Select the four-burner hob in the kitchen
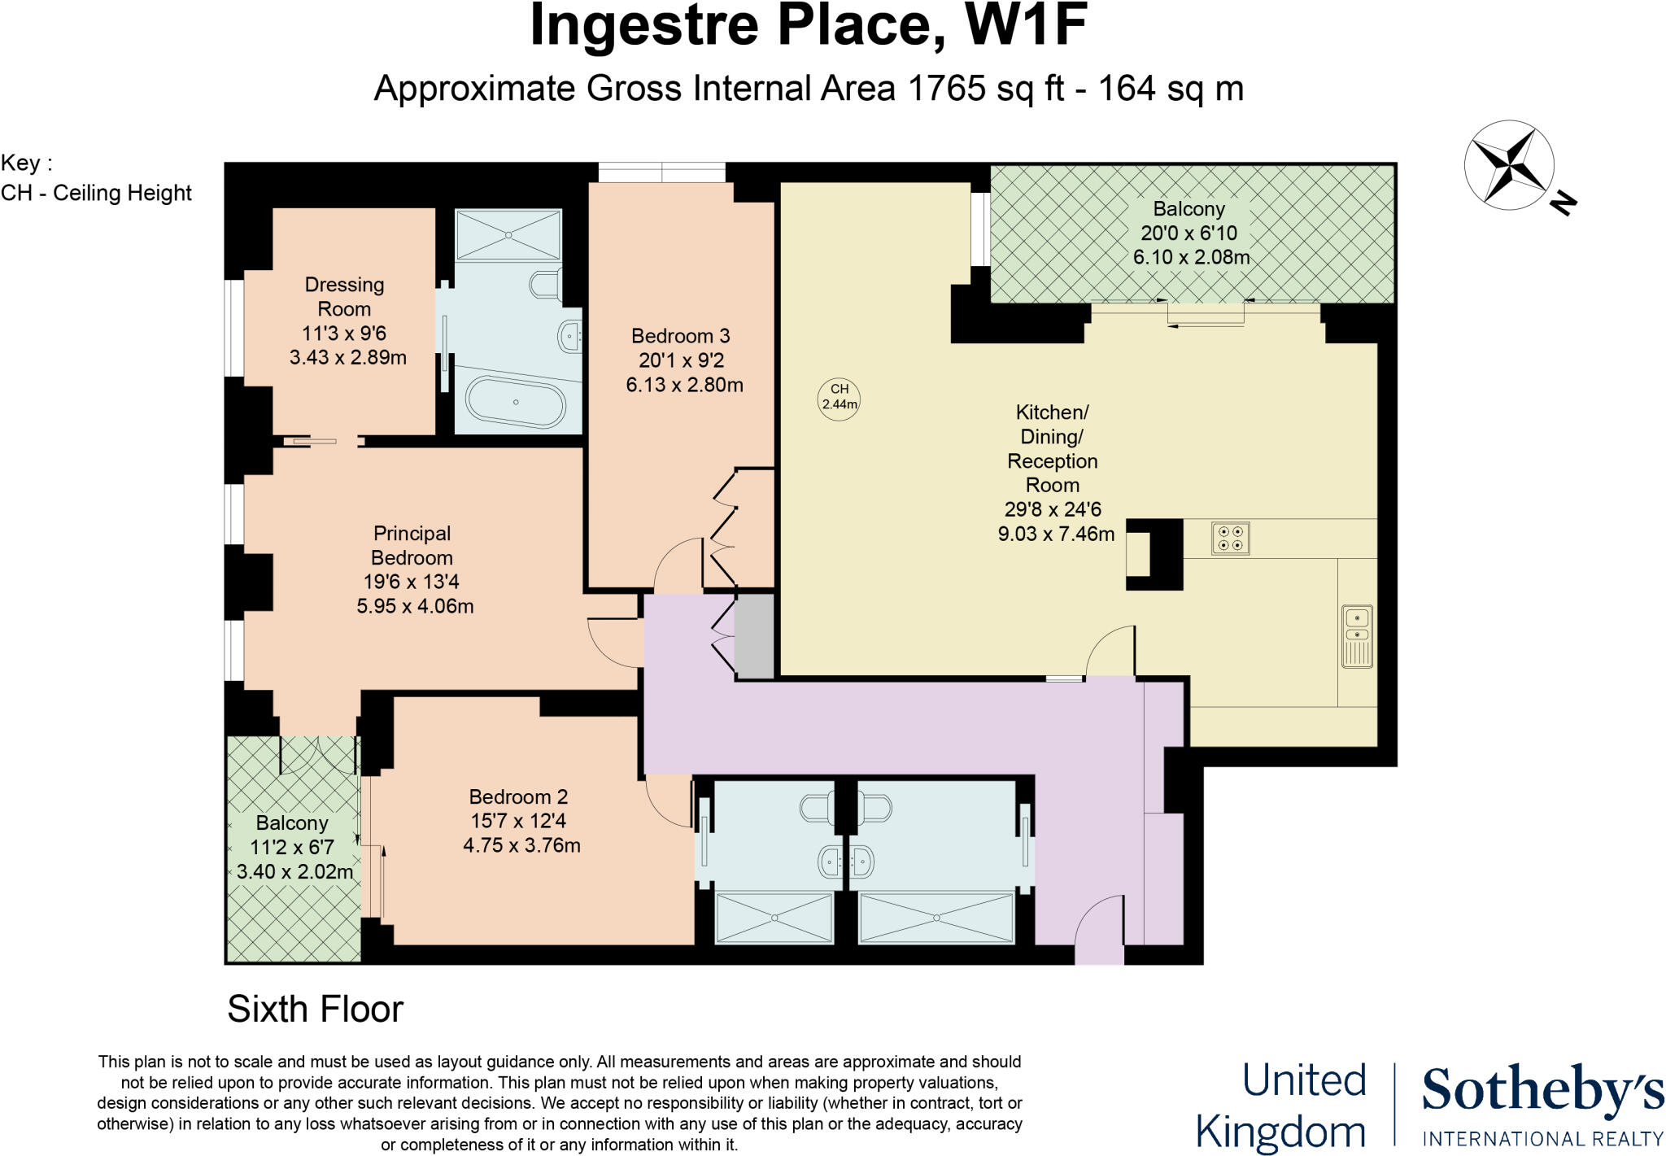click(1230, 539)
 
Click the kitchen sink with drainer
click(1357, 636)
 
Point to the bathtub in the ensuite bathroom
click(515, 404)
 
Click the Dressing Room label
click(344, 297)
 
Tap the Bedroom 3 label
click(681, 336)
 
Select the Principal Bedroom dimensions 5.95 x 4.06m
click(415, 606)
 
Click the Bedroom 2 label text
click(518, 797)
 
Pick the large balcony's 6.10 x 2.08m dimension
click(1191, 258)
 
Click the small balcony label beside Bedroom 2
click(292, 823)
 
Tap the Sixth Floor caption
click(316, 1010)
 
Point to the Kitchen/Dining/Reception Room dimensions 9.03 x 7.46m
click(1056, 534)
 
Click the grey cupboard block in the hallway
click(755, 635)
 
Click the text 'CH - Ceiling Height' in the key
click(96, 194)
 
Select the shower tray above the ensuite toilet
click(508, 236)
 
